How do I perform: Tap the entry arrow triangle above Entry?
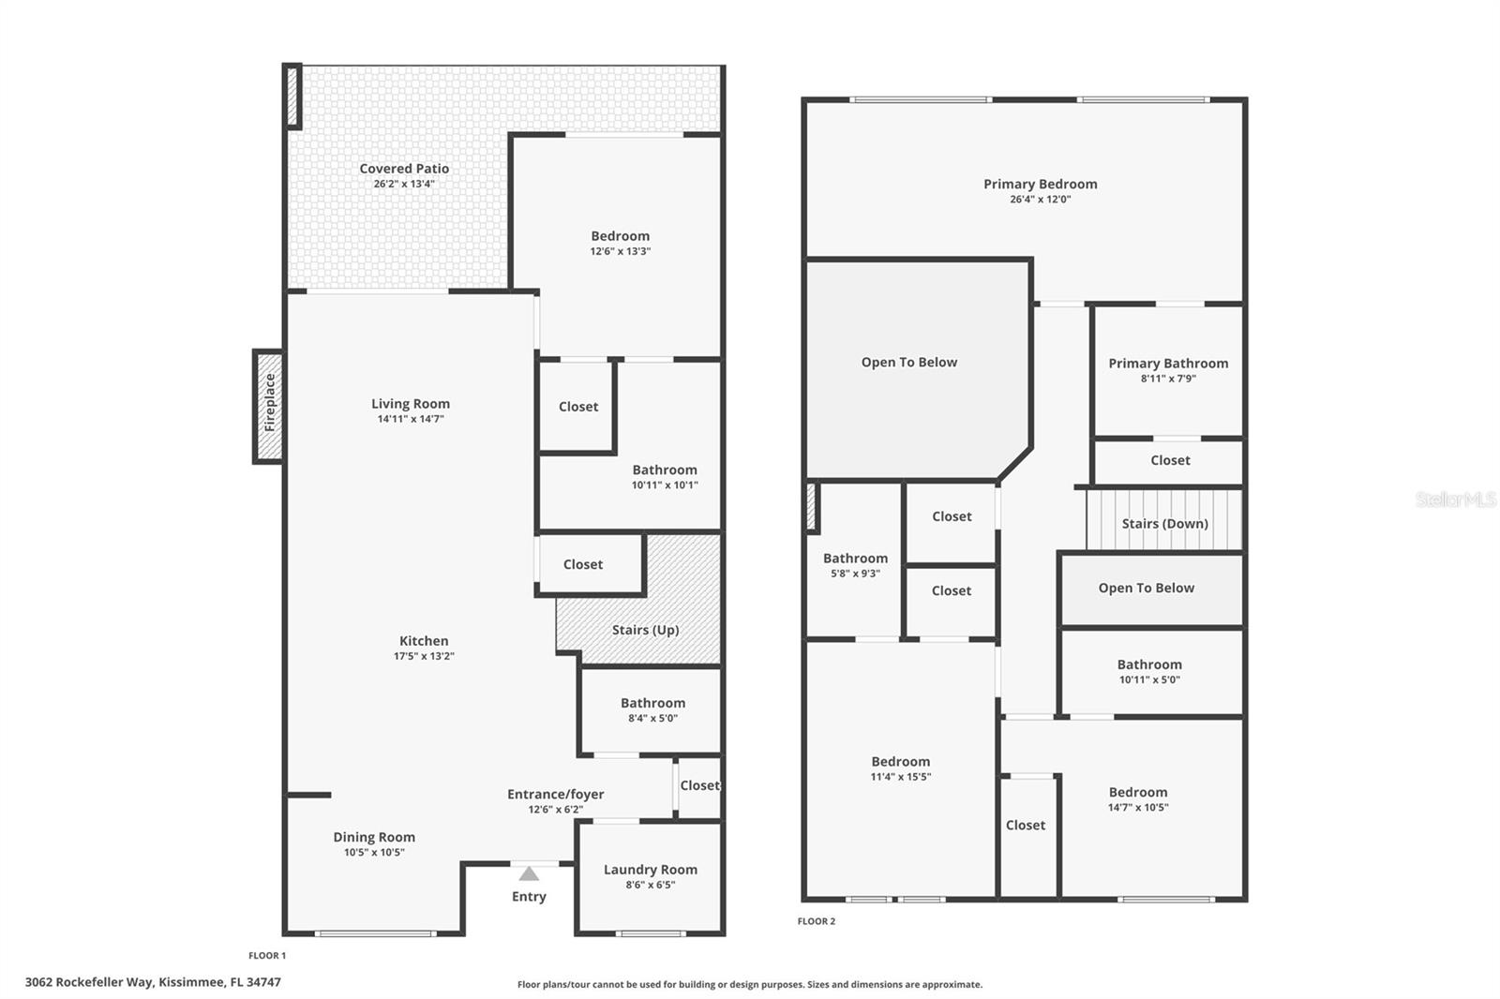(529, 873)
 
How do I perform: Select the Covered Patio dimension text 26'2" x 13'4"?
(404, 185)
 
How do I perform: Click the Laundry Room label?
(650, 870)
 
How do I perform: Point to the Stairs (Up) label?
(645, 630)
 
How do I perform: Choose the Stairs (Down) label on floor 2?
(1164, 524)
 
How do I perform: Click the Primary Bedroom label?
(1040, 184)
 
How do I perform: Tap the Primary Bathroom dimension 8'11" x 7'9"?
(1168, 379)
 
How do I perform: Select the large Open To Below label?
(908, 363)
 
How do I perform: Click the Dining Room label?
(374, 837)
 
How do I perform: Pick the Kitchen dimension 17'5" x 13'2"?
(424, 656)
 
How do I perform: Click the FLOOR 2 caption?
(816, 921)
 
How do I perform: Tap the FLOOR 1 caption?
(267, 956)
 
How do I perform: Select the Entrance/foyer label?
(555, 794)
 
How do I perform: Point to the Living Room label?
(411, 404)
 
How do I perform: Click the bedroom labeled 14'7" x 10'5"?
(1137, 793)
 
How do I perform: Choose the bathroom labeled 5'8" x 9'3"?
(855, 559)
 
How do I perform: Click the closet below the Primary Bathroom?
(1170, 460)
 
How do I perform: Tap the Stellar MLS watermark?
(1455, 499)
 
